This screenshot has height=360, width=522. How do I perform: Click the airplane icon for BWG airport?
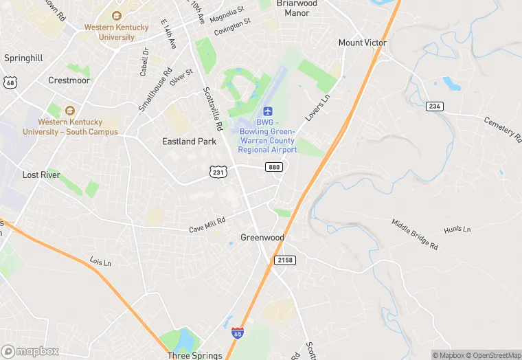[x=268, y=111]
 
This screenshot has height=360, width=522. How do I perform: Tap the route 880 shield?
[x=273, y=167]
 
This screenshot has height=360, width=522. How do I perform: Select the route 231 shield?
[x=218, y=172]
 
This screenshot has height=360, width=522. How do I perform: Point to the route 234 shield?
[x=434, y=106]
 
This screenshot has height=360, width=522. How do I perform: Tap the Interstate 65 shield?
[x=238, y=333]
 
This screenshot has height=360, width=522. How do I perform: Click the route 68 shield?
[x=10, y=82]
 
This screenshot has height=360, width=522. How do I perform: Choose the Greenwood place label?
[x=262, y=238]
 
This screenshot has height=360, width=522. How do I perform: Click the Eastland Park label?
[x=189, y=142]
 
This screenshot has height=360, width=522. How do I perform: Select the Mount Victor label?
[x=363, y=43]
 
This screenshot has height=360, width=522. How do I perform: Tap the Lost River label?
[x=41, y=175]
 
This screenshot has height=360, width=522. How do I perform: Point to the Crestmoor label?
[x=69, y=80]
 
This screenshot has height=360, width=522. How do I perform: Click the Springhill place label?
[x=24, y=58]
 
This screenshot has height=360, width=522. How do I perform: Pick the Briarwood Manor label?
[x=297, y=8]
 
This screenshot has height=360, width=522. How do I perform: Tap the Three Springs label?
[x=195, y=355]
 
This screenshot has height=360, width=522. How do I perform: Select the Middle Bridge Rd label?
[x=415, y=234]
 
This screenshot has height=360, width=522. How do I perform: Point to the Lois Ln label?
[x=100, y=262]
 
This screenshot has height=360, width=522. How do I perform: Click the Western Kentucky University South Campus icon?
[x=69, y=111]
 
